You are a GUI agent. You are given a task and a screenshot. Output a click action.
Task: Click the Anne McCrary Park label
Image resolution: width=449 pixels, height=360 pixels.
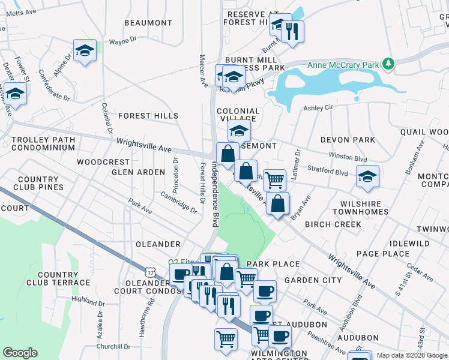coord(344,65)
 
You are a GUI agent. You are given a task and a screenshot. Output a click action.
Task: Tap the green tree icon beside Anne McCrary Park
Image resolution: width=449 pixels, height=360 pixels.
coord(389,63)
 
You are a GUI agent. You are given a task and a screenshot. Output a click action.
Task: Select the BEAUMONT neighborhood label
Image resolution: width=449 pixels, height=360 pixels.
coord(148,23)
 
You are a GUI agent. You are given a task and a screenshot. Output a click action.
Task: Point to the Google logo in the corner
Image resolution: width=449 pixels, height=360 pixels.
coord(20,353)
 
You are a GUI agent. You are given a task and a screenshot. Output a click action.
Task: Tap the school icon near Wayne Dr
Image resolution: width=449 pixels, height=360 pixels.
coord(85,51)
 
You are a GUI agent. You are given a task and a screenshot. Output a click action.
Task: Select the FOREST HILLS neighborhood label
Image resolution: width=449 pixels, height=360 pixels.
coord(148,116)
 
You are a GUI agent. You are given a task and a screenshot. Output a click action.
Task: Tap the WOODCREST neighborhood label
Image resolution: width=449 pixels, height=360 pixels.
coord(103,162)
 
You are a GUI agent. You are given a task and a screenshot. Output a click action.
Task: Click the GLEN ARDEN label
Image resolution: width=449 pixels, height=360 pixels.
coord(138,172)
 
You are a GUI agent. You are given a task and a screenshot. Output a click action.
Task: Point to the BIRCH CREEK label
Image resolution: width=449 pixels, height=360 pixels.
coord(333,224)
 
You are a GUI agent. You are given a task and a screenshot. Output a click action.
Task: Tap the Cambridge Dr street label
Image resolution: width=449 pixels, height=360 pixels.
coord(178,202)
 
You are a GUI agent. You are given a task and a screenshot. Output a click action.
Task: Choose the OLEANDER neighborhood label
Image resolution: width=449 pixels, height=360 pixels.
coord(158,244)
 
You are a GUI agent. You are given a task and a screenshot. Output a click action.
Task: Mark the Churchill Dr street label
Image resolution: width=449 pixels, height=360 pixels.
coord(113,346)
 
